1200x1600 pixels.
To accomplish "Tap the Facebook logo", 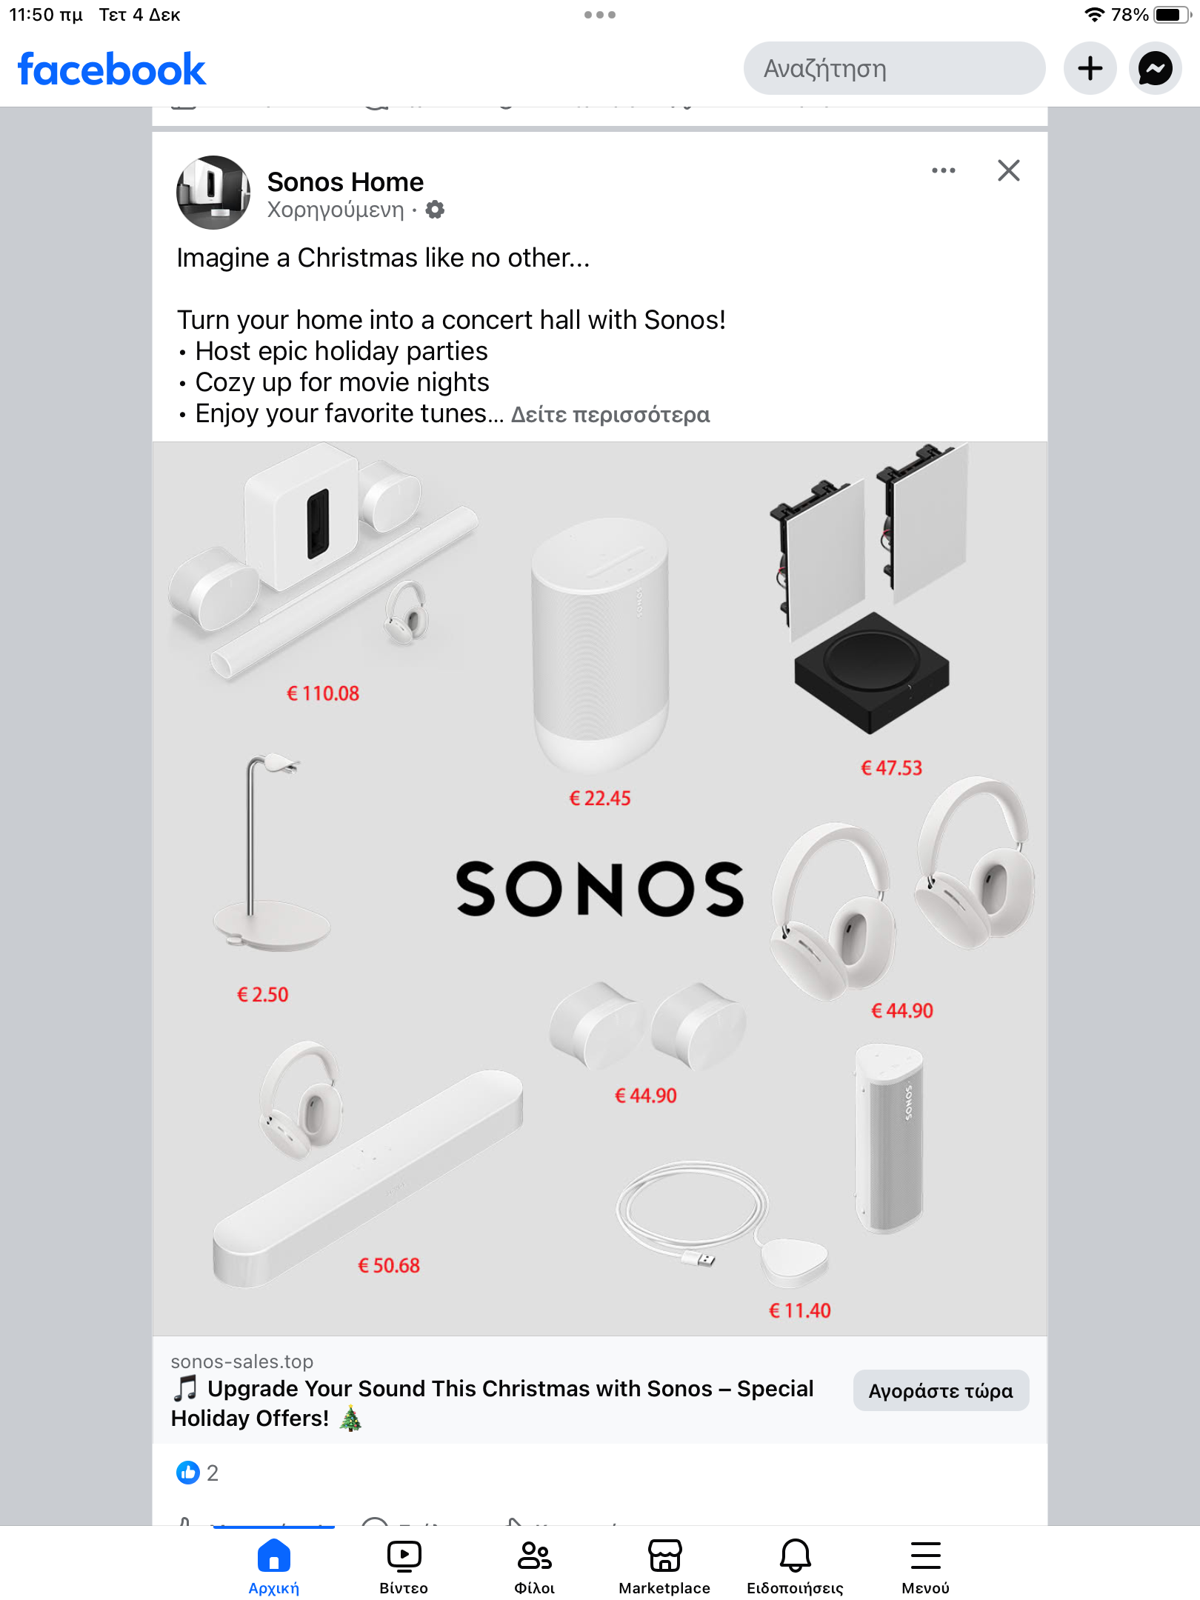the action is pyautogui.click(x=111, y=70).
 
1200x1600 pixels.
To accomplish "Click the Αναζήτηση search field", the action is pyautogui.click(x=894, y=68).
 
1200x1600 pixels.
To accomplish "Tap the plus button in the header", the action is pyautogui.click(x=1090, y=68).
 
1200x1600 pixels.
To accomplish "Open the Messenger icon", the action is pyautogui.click(x=1155, y=68).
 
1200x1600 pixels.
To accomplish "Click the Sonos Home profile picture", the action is pyautogui.click(x=213, y=193).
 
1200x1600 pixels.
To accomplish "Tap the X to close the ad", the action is pyautogui.click(x=1008, y=170).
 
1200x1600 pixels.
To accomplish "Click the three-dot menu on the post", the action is pyautogui.click(x=943, y=170).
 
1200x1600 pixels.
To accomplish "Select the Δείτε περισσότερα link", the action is pyautogui.click(x=610, y=414).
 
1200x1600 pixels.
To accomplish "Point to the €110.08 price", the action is pyautogui.click(x=323, y=693).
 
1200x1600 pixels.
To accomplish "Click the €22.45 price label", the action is pyautogui.click(x=600, y=798).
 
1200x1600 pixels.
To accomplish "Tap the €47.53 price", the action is pyautogui.click(x=892, y=767).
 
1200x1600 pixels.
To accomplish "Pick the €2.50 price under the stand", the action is pyautogui.click(x=263, y=994).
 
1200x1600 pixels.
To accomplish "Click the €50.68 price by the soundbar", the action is pyautogui.click(x=389, y=1265).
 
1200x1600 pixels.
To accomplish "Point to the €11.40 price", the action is pyautogui.click(x=800, y=1310).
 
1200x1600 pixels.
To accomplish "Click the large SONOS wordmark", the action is pyautogui.click(x=600, y=888).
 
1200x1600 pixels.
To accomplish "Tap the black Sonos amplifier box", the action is pyautogui.click(x=872, y=672).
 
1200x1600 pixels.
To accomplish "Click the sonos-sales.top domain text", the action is pyautogui.click(x=242, y=1361).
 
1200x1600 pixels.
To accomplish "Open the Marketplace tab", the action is pyautogui.click(x=664, y=1566).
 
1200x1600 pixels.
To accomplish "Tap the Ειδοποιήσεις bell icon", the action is pyautogui.click(x=795, y=1556).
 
